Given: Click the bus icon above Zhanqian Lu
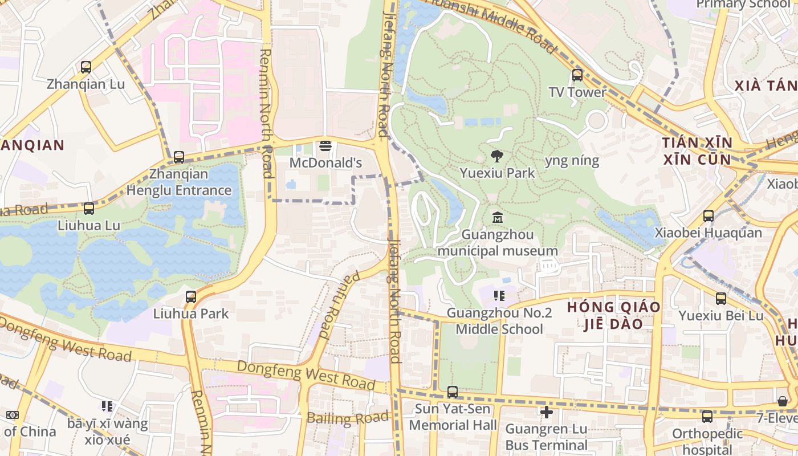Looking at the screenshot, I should (86, 67).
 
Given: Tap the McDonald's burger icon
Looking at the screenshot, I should (325, 146).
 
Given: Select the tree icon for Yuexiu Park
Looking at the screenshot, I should (497, 156).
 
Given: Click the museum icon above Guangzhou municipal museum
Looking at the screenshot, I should (498, 217).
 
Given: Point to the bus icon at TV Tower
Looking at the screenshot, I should (577, 75).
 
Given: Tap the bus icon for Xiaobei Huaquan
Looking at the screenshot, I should (708, 216).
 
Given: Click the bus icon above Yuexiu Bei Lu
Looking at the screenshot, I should (721, 299).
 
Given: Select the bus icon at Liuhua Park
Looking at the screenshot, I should (191, 296).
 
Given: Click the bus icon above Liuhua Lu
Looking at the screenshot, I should (89, 209).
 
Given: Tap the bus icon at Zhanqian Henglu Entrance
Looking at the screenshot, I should (179, 157).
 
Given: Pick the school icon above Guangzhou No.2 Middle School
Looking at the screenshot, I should (499, 296).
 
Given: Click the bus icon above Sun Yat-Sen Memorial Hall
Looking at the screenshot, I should (452, 392).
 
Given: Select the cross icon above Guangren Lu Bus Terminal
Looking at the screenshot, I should (546, 412).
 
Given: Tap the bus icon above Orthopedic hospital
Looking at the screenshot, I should (707, 417).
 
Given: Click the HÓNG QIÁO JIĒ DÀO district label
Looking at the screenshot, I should (613, 315).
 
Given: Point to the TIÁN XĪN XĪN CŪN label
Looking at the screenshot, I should (697, 150).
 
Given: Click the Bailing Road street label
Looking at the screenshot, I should (348, 418).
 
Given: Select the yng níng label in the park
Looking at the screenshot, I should (572, 161).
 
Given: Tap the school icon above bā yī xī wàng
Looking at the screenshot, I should (107, 406).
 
